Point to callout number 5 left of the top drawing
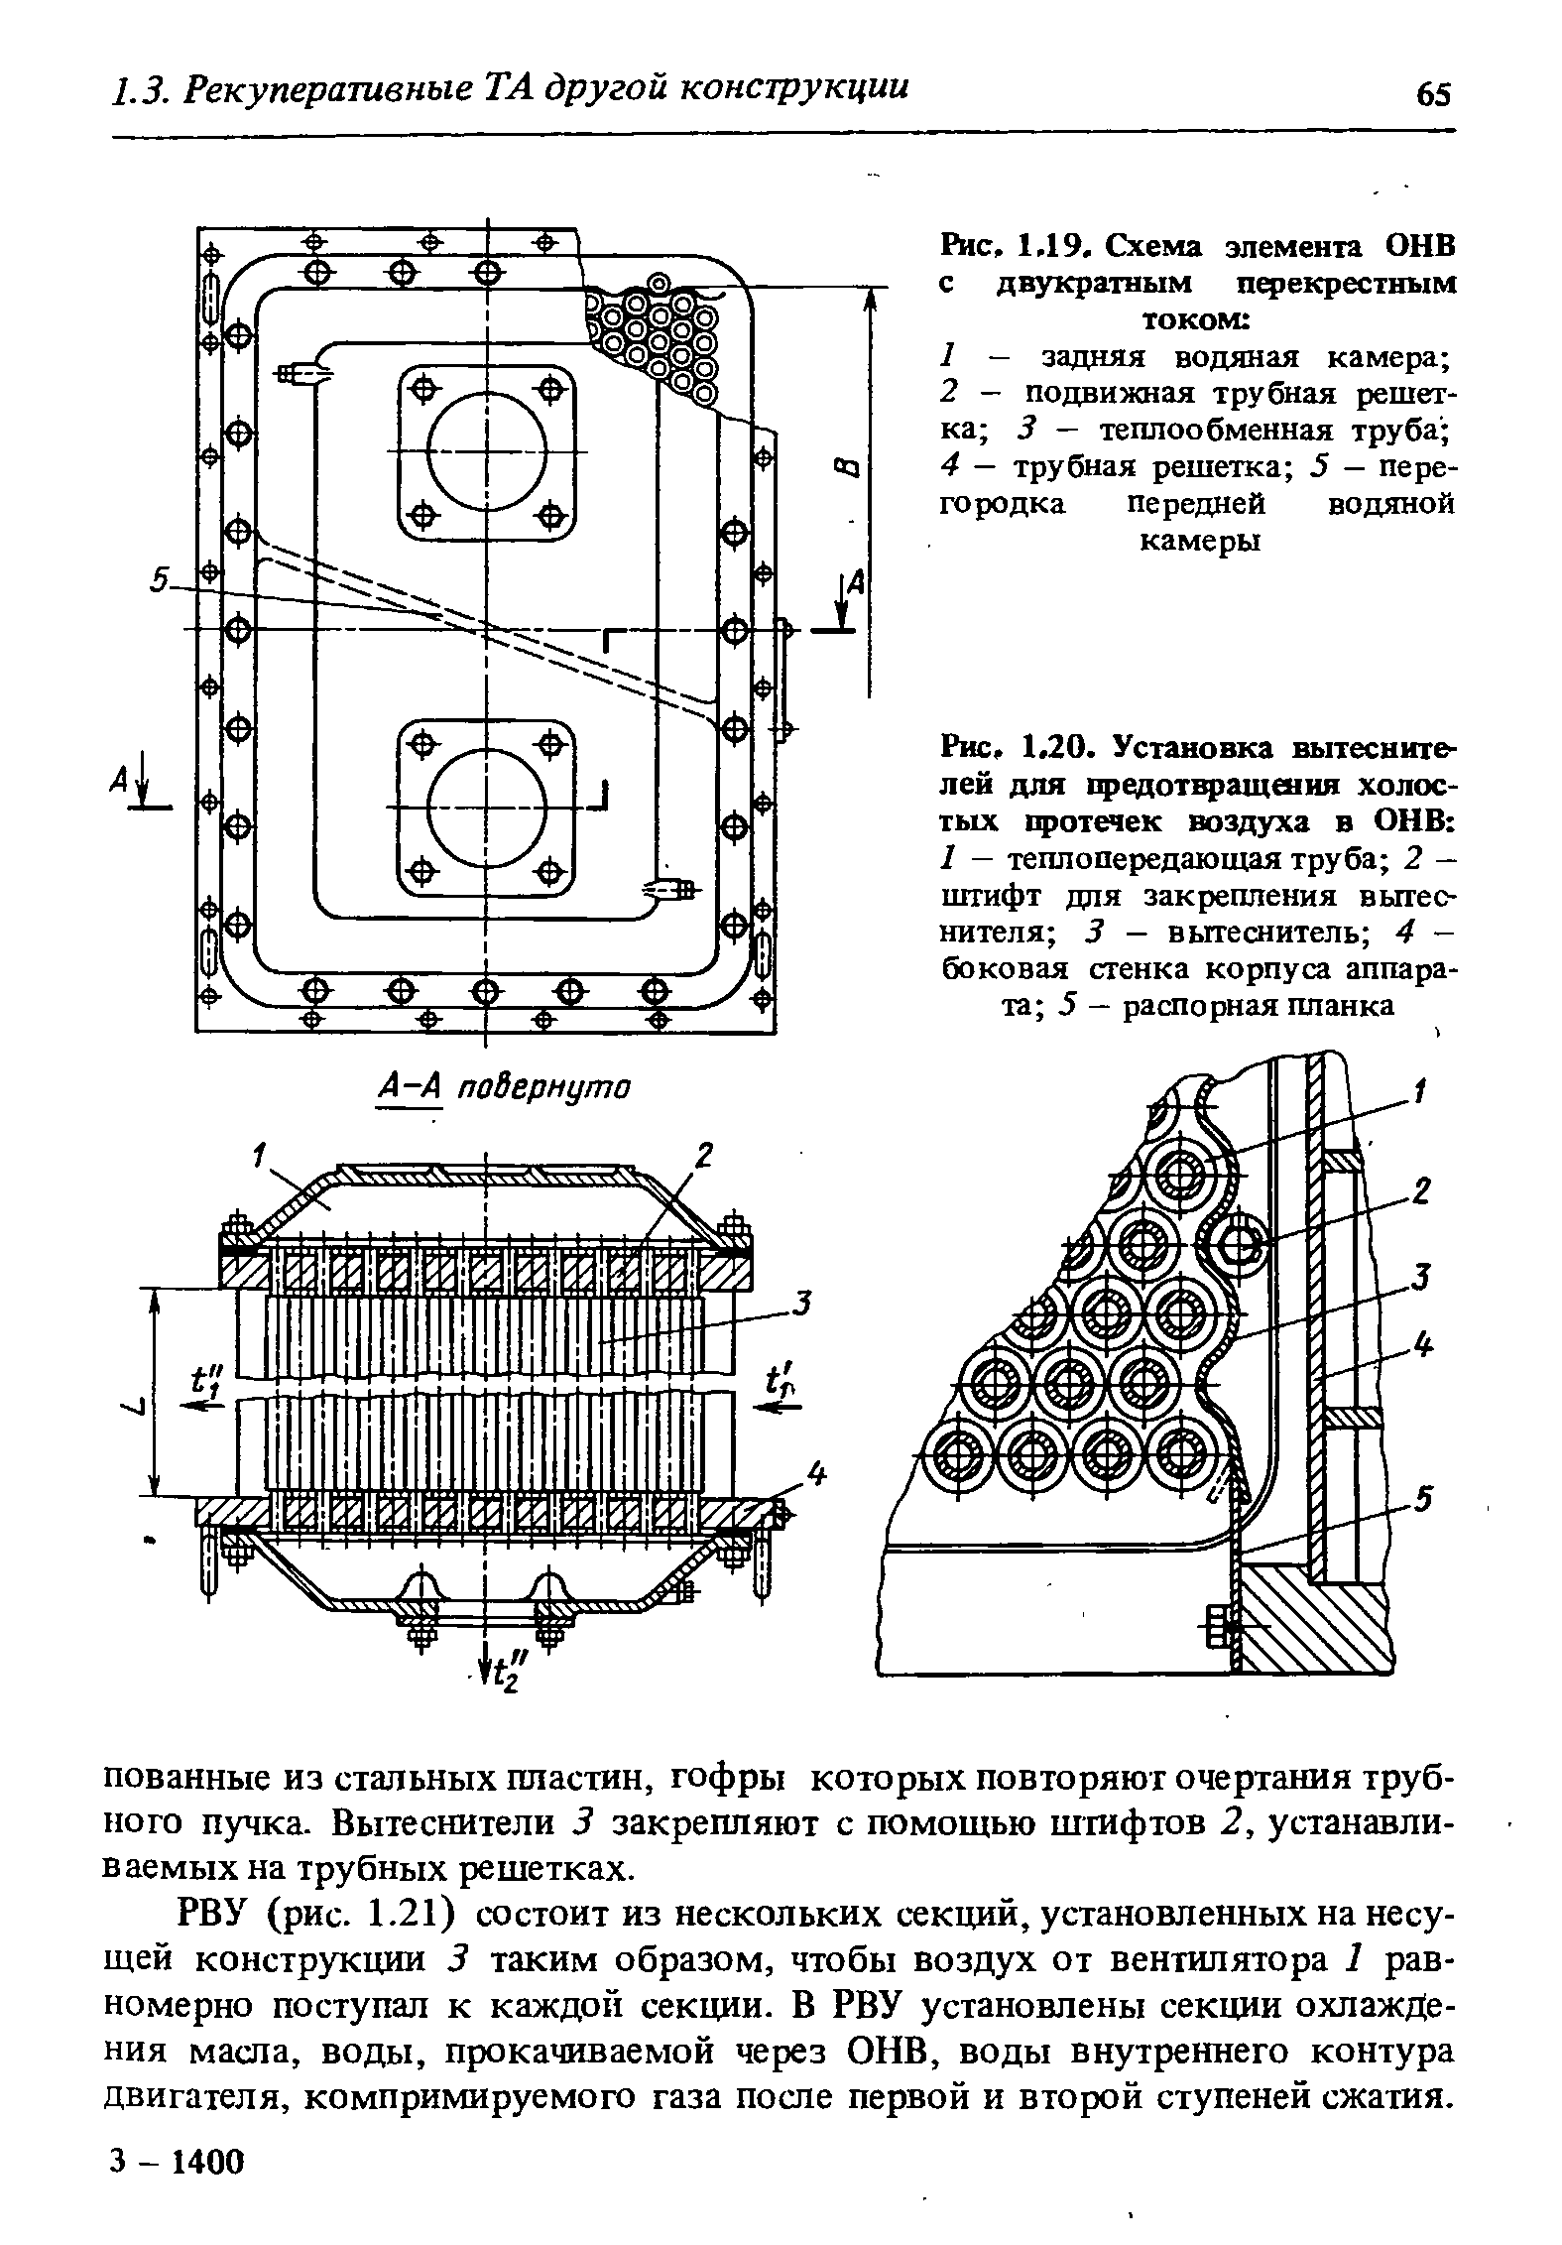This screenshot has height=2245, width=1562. click(x=160, y=583)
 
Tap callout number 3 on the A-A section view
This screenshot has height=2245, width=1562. click(x=803, y=1303)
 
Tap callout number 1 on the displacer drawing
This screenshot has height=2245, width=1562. click(x=1417, y=1093)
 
